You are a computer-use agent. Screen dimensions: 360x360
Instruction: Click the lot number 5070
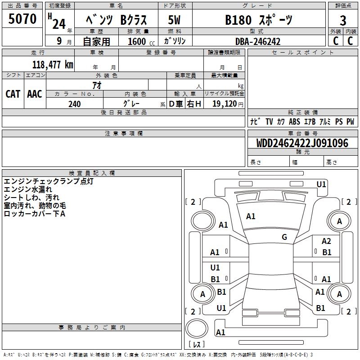[22, 19]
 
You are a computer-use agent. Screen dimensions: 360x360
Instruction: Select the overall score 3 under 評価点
[343, 20]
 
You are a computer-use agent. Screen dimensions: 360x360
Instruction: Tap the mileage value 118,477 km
[53, 64]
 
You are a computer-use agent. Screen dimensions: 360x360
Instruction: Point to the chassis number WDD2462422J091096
[302, 143]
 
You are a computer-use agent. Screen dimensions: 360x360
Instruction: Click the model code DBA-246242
[259, 41]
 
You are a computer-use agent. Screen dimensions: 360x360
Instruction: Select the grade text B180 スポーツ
[258, 20]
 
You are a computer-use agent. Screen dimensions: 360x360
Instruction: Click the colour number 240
[75, 104]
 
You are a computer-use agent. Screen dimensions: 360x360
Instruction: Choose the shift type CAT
[13, 94]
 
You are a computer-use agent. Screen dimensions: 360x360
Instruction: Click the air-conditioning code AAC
[35, 94]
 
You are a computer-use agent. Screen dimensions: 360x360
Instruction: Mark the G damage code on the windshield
[284, 237]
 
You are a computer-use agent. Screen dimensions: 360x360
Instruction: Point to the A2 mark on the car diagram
[326, 242]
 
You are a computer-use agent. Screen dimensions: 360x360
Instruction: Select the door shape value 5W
[174, 20]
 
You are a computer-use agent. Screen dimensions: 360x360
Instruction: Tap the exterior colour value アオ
[97, 85]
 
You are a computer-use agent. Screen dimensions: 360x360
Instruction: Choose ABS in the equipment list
[294, 121]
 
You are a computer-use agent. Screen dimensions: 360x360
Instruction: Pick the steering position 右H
[194, 104]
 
